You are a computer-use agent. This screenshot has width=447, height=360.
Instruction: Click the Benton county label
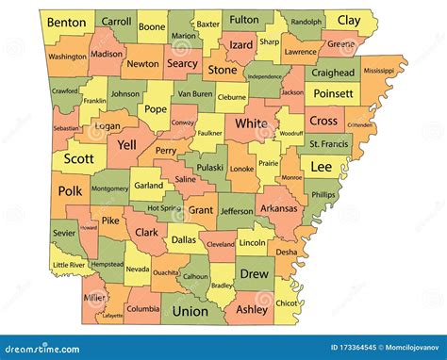[67, 21]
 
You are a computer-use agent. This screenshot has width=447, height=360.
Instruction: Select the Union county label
[190, 310]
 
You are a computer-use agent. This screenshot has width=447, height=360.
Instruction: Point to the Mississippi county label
[378, 71]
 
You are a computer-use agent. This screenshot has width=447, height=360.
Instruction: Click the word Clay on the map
[348, 20]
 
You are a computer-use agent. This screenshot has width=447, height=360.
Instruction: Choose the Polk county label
[70, 190]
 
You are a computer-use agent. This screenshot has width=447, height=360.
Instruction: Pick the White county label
[250, 123]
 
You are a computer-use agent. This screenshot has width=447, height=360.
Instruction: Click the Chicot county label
[287, 303]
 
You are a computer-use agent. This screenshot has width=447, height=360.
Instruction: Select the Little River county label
[68, 266]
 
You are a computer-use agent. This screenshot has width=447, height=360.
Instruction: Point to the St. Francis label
[329, 142]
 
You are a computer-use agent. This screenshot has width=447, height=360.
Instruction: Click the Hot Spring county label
[165, 208]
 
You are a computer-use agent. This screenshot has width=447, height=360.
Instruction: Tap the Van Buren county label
[195, 94]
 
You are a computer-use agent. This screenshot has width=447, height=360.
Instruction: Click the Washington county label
[67, 57]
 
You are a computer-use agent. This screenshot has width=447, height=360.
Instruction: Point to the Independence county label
[265, 76]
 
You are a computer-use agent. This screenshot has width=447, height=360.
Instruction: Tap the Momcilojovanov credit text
[406, 349]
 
